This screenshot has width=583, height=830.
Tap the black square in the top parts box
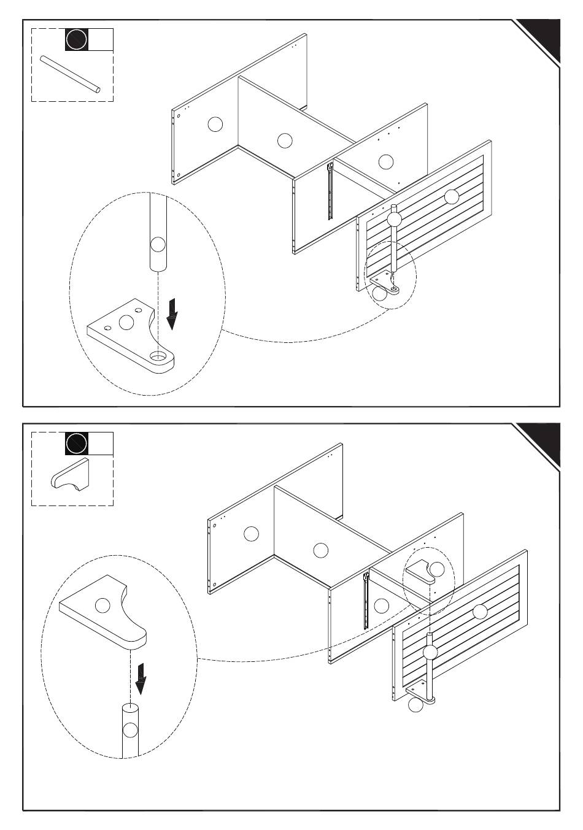(77, 39)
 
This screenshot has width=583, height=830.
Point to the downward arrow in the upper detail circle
(173, 313)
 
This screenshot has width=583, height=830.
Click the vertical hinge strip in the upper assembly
(330, 190)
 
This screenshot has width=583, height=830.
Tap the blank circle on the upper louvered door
(452, 197)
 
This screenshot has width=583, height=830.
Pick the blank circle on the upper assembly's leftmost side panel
(215, 124)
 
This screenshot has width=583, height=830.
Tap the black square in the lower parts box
(77, 443)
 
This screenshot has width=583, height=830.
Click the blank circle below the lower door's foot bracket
(416, 706)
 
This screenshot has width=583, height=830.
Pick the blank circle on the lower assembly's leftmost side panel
(251, 534)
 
